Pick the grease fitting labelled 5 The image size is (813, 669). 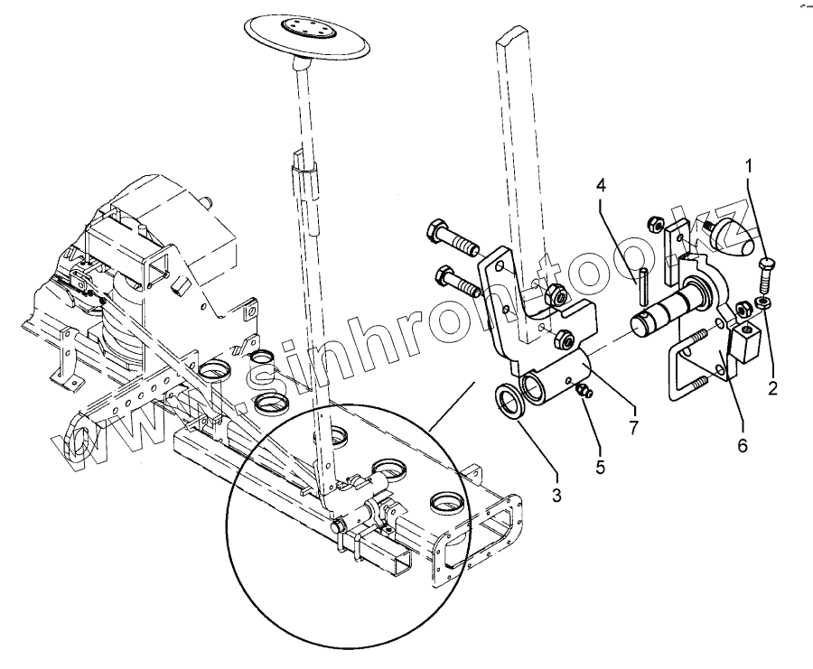click(583, 389)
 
